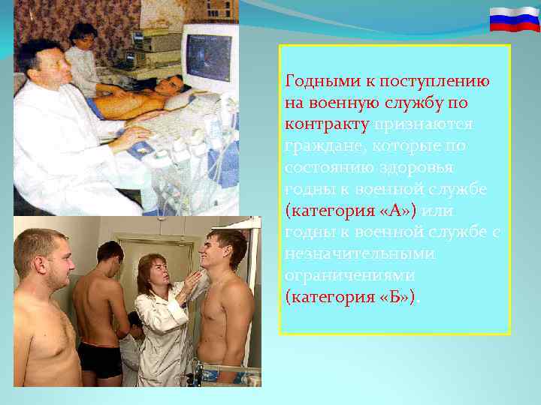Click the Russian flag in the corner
[515, 19]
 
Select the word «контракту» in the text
[327, 124]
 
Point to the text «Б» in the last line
[396, 297]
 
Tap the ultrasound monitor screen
[209, 59]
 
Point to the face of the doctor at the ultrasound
[51, 65]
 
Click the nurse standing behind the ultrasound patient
[83, 52]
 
